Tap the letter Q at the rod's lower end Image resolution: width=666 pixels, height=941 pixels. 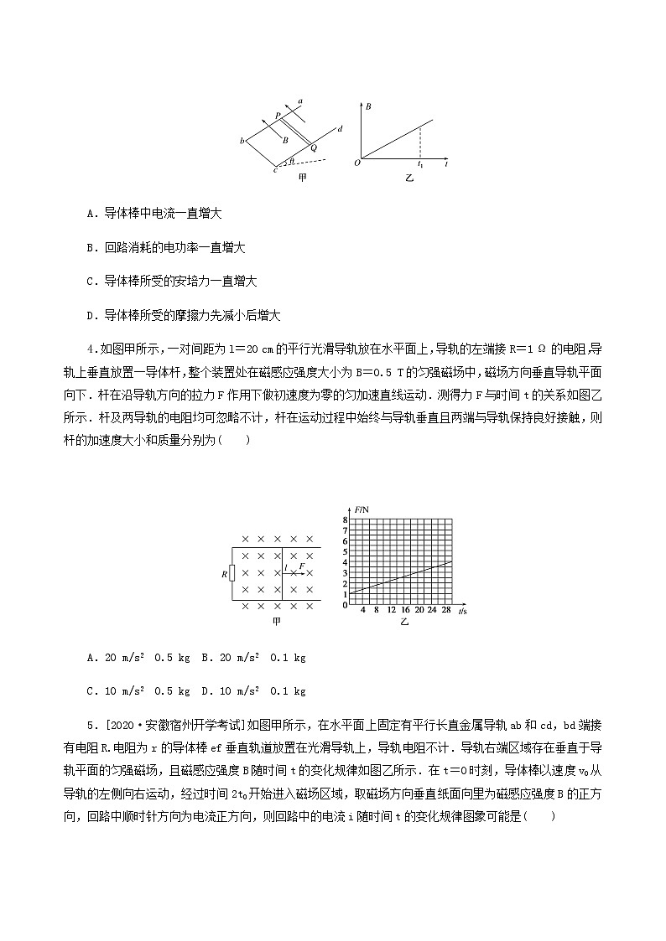pos(314,148)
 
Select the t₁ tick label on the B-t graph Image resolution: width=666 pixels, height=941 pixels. pos(420,165)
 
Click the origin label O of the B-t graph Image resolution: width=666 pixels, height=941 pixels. pos(356,163)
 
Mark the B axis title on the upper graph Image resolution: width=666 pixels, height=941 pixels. pos(368,107)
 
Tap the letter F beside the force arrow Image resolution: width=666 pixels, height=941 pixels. pos(302,567)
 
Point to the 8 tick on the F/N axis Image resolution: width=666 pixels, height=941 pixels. pos(345,520)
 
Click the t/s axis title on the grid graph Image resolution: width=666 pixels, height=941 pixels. pos(462,613)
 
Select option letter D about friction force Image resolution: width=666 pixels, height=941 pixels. pos(90,316)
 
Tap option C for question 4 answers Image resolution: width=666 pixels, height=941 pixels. pos(90,691)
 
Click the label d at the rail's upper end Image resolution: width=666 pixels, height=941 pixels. pos(340,129)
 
